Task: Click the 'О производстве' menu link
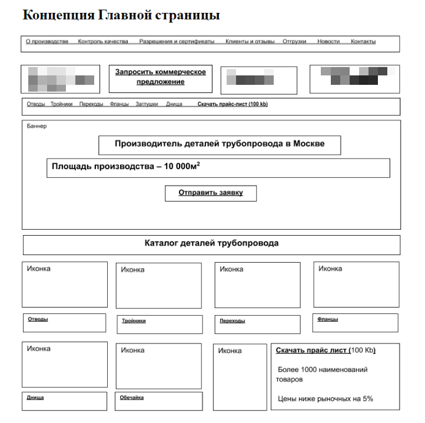coord(48,42)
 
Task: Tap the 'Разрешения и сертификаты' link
coord(177,42)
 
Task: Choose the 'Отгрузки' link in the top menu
coord(294,42)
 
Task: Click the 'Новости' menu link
coord(328,42)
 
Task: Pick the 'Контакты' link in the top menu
coord(363,42)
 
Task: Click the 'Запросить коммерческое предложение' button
coord(160,77)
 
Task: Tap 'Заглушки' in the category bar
coord(147,104)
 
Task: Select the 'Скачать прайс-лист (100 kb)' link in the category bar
coord(233,104)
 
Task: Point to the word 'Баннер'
coord(36,126)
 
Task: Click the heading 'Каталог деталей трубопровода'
coord(211,243)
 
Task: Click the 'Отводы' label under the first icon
coord(38,319)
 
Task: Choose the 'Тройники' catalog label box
coord(134,321)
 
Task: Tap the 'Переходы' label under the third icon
coord(232,321)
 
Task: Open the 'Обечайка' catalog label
coord(132,398)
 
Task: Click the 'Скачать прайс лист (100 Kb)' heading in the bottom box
coord(326,351)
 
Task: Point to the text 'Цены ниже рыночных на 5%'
coord(325,399)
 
